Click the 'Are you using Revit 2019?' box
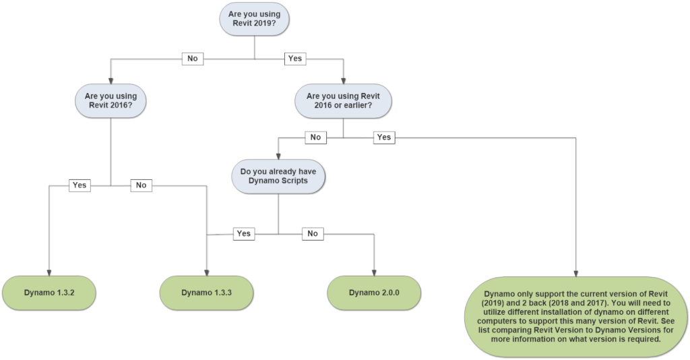point(254,19)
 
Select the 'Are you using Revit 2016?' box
point(111,100)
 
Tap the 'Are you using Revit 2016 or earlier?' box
point(343,100)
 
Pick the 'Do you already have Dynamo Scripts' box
point(278,176)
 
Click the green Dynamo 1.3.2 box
point(49,293)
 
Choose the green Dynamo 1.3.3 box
point(206,293)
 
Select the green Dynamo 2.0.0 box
point(374,293)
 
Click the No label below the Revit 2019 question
point(193,59)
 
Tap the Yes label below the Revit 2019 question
point(295,59)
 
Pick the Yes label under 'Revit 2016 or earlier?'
point(383,138)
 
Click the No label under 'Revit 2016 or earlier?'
point(315,138)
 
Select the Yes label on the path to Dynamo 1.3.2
point(80,185)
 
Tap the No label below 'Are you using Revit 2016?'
point(142,185)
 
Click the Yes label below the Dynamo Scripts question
point(244,234)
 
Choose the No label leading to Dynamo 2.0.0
point(313,234)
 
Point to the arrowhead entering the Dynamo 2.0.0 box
point(374,273)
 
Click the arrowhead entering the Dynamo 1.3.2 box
point(49,273)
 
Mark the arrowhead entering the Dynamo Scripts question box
point(278,156)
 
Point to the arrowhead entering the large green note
point(575,274)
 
